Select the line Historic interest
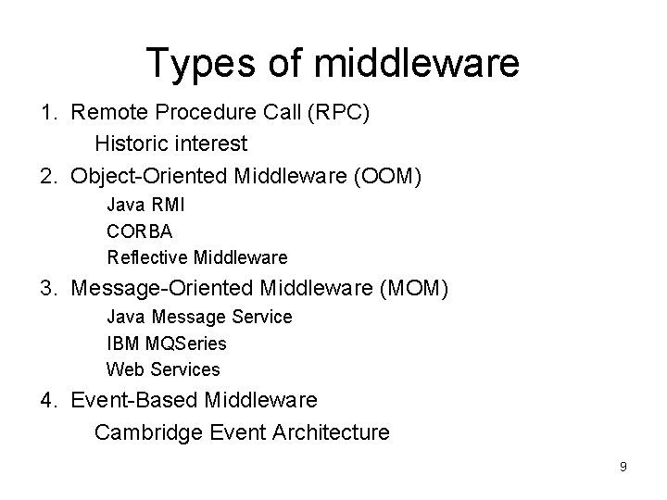tap(171, 144)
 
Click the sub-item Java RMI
tap(147, 205)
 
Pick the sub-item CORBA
tap(140, 231)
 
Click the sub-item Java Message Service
tap(199, 317)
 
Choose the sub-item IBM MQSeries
tap(167, 344)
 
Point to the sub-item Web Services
tap(163, 369)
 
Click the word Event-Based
tap(134, 400)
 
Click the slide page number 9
tap(623, 467)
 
